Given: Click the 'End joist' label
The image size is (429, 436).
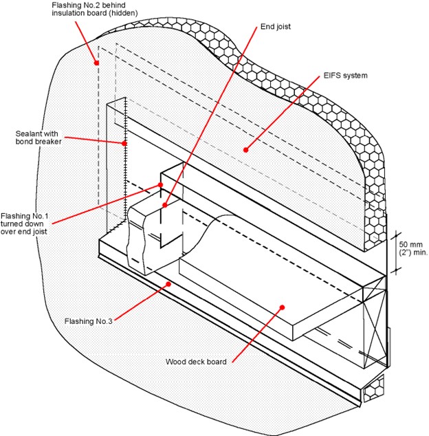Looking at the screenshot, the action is coord(275,27).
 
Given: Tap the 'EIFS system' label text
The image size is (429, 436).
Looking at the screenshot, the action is coord(345,76).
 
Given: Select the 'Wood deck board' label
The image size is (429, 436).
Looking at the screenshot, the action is coord(196,362).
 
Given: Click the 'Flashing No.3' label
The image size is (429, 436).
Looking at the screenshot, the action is coord(88,321).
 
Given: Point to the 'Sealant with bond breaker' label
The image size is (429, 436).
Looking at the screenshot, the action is coord(38,138).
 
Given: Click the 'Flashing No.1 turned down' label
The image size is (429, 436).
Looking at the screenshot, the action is coord(25,220).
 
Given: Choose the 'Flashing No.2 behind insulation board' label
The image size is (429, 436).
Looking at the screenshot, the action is coord(94,9).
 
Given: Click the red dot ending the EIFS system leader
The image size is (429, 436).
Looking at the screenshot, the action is coord(245,150).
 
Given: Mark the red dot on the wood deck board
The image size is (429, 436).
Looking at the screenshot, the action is coord(282,307).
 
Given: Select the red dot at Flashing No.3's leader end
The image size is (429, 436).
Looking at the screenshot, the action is coord(168,284).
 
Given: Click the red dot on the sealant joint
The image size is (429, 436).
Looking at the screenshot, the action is coord(124,144).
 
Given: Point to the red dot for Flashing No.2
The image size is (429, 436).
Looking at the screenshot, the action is coord(96,63).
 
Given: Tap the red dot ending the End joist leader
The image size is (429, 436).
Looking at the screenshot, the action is coord(165,205).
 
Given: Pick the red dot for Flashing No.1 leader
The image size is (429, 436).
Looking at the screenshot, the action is coord(160,185).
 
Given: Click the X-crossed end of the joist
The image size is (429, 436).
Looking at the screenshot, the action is coord(375,323).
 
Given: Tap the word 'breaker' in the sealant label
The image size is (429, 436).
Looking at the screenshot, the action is coord(49,142).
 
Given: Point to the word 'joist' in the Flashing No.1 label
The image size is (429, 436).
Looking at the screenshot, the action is coord(41,232).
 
